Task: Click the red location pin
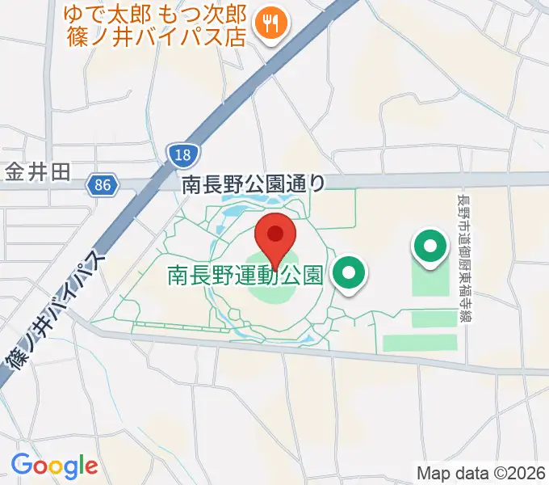coord(274,237)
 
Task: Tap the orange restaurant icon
coord(267,25)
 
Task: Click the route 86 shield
coord(102,185)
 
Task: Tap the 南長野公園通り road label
coord(253,185)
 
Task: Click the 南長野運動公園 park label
coord(245,276)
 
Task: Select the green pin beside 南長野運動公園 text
coord(349,273)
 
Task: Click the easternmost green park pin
coord(430,246)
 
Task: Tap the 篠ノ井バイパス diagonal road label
coord(54,315)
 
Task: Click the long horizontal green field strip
coord(420,343)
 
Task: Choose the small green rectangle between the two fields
coord(434,318)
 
